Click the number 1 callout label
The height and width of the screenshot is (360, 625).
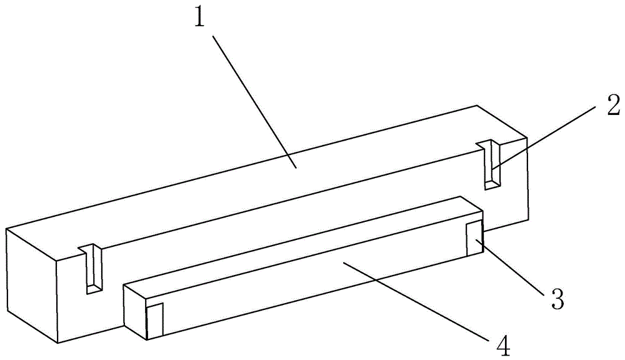(199, 19)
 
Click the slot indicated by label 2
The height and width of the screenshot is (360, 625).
(492, 164)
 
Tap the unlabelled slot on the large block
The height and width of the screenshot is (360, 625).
(93, 271)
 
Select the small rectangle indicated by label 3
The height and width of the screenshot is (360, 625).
(475, 238)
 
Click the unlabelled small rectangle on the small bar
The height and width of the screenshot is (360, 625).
(154, 321)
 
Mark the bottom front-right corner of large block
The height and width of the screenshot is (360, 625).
(529, 220)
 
